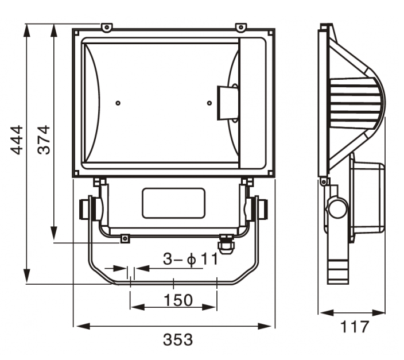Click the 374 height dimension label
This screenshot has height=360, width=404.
coord(44,140)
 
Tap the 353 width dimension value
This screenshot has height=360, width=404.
coord(178,340)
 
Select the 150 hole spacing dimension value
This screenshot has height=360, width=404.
coord(178,300)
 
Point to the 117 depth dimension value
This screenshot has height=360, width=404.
coord(355,327)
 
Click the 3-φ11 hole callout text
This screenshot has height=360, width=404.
coord(191,259)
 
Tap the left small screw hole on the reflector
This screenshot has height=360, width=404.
coord(118,103)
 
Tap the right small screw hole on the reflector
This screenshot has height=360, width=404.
coord(209,103)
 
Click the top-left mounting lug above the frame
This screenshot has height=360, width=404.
coord(107,28)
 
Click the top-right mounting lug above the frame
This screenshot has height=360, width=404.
coord(241,28)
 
